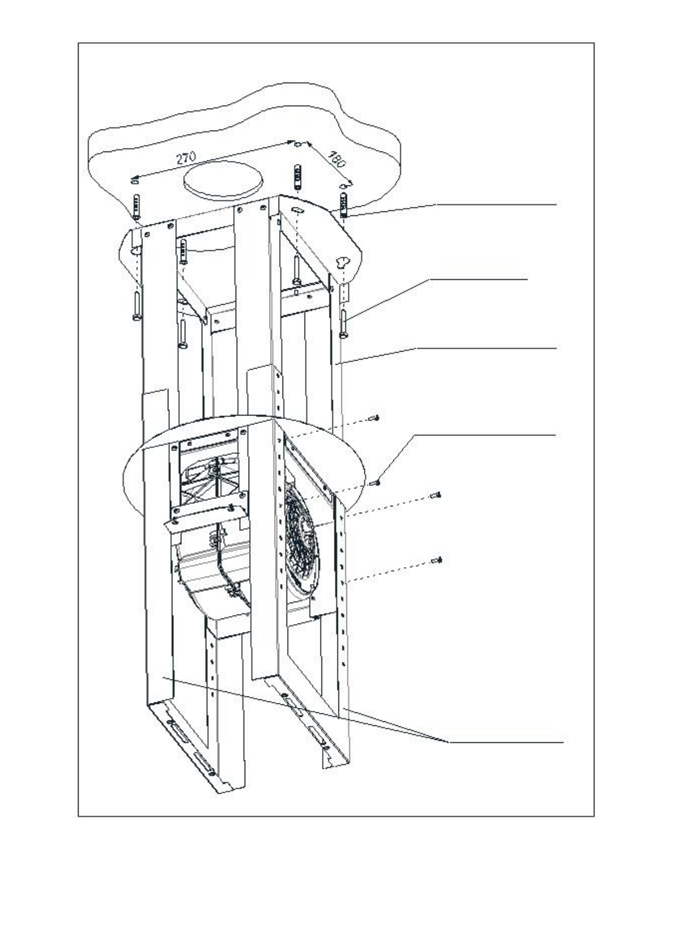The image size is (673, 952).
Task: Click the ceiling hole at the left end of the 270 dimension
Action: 134,180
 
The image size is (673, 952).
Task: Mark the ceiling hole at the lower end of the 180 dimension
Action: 343,185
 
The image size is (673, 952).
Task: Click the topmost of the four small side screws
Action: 374,418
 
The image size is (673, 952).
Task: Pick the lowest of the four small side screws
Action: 436,560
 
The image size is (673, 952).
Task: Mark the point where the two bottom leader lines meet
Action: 449,741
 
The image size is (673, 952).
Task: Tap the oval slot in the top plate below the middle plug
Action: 298,210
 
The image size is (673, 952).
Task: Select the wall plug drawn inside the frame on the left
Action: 183,250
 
